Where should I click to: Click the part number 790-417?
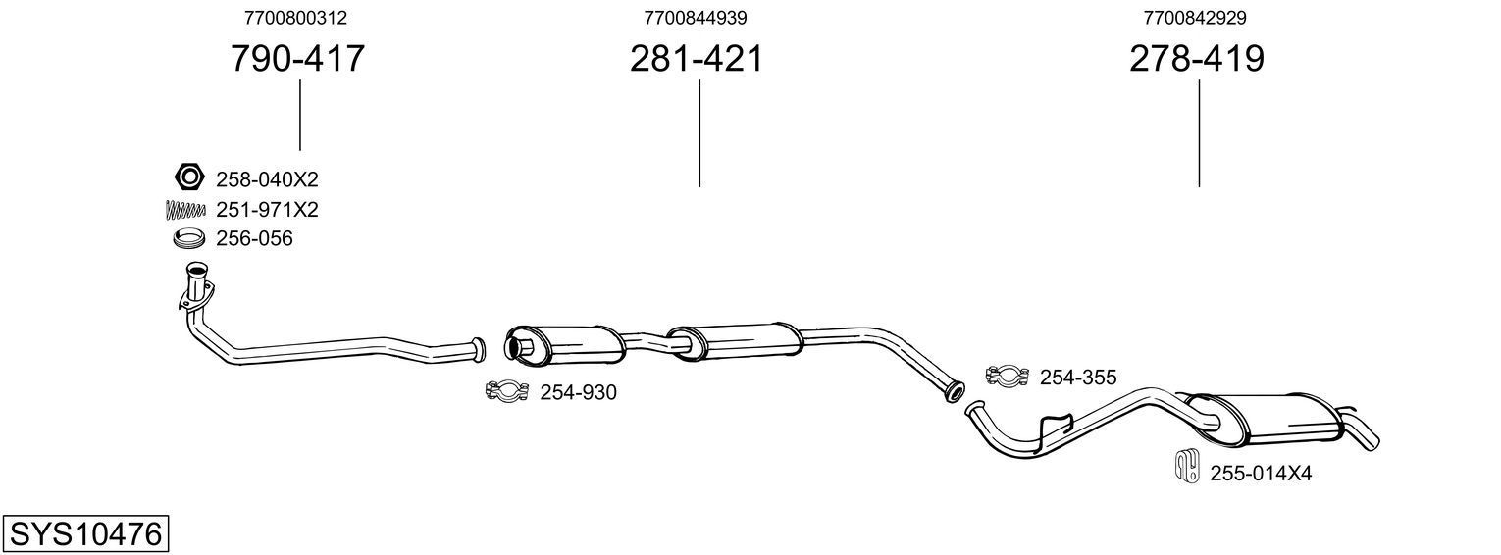click(x=298, y=59)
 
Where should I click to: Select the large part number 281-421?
click(x=697, y=59)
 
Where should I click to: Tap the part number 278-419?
click(x=1197, y=59)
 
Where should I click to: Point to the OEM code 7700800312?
click(x=295, y=18)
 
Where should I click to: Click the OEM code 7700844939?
click(x=696, y=18)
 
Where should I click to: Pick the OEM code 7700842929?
click(x=1195, y=18)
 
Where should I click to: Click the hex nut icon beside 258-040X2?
click(x=188, y=177)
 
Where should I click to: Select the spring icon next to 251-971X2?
click(x=183, y=209)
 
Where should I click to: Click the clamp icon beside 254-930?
click(x=507, y=392)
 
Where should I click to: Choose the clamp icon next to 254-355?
click(x=1007, y=376)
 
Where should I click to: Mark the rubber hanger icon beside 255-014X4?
click(x=1186, y=467)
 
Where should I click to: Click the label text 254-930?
click(x=579, y=393)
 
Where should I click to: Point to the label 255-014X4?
click(x=1261, y=474)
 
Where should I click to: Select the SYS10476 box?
click(x=85, y=535)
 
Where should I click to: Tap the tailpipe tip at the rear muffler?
click(x=1366, y=435)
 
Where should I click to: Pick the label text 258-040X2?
click(x=267, y=179)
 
